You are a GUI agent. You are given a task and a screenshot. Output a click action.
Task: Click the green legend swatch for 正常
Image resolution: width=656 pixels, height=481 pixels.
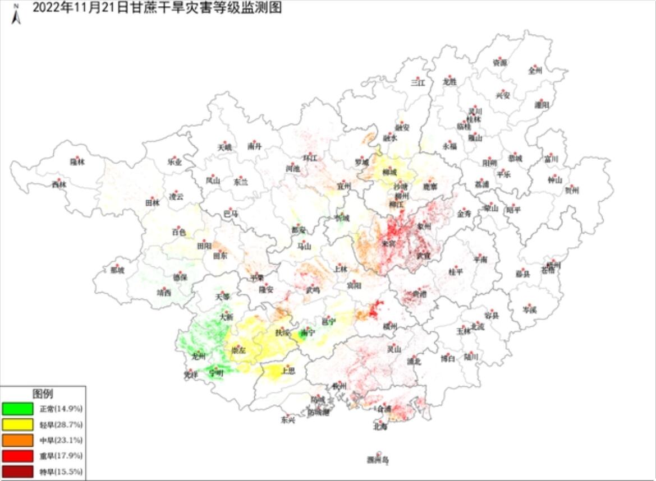coord(17,408)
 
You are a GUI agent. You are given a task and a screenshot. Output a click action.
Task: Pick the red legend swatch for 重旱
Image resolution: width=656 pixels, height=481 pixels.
coord(17,456)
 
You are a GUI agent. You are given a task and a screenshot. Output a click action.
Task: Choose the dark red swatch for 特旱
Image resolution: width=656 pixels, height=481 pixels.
coord(17,471)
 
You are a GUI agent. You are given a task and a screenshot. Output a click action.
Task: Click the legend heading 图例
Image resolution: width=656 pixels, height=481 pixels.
coord(43,394)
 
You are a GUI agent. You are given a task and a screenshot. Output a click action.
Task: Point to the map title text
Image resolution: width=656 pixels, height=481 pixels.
coord(157,8)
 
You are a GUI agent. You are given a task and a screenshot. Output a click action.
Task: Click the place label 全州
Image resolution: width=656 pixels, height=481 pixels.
coord(535,71)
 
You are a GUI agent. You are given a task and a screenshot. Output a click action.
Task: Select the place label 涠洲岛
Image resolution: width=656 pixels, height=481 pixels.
coord(378,460)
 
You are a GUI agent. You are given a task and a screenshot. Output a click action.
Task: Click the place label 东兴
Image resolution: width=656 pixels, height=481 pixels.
coord(288,419)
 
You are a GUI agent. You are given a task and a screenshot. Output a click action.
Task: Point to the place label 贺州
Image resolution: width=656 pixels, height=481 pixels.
coord(572,191)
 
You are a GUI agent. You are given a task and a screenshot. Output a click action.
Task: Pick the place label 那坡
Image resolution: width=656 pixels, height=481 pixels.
coord(117,271)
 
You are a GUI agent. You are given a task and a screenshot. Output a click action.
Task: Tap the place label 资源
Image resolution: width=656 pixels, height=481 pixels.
coord(499,63)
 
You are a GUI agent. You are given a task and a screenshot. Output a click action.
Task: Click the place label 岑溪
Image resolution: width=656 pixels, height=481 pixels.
coord(529,309)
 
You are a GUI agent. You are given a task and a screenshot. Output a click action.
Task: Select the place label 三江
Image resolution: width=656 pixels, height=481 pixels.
coord(418,82)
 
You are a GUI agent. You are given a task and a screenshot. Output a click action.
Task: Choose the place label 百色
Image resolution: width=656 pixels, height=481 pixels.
coord(179,232)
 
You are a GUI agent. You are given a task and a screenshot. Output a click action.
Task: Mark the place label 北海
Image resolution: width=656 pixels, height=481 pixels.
coord(380,427)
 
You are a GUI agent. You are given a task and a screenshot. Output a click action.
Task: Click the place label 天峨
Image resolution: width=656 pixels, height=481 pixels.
coord(224,147)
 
